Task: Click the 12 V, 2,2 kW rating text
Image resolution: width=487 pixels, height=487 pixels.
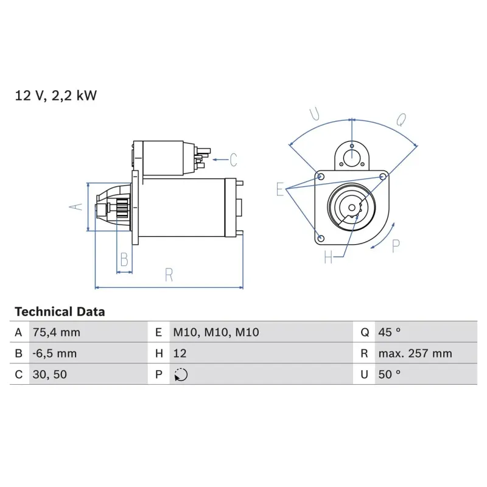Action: pyautogui.click(x=56, y=96)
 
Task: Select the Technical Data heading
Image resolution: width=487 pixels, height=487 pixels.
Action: pyautogui.click(x=60, y=312)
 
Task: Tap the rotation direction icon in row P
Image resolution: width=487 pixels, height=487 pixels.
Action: pyautogui.click(x=181, y=374)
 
